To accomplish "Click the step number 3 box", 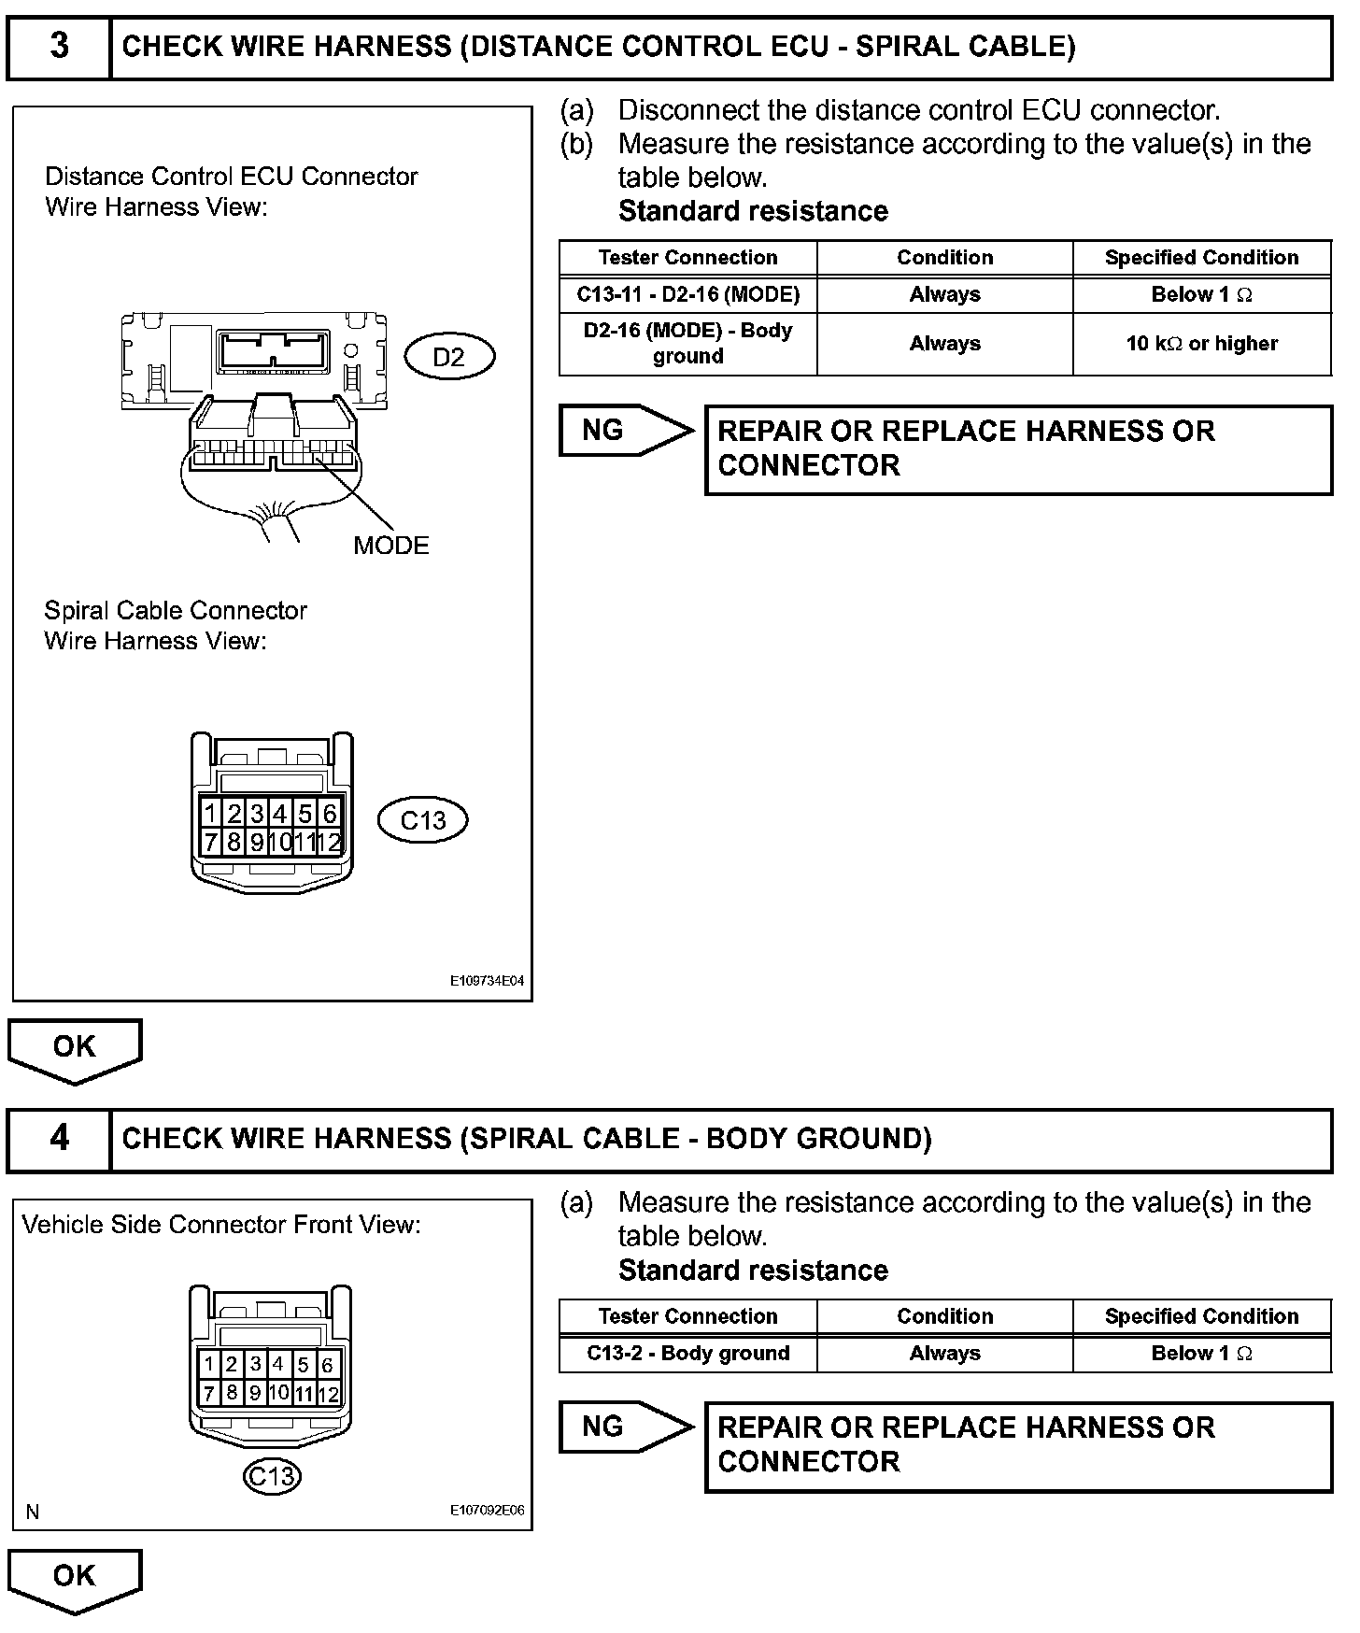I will (59, 47).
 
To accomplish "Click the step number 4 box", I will (59, 1139).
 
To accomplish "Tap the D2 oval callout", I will (449, 357).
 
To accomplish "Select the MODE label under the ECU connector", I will (390, 546).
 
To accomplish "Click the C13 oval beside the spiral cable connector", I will (423, 820).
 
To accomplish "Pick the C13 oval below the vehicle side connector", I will (272, 1476).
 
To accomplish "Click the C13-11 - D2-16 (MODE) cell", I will (687, 294).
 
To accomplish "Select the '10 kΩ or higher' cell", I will (1201, 344).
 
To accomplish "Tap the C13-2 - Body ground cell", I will (687, 1353).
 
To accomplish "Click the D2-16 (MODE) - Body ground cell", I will (687, 343).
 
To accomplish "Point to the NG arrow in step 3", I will (625, 431).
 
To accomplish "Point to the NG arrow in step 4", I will (625, 1427).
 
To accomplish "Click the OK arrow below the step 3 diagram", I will (75, 1049).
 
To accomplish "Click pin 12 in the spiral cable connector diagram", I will (329, 842).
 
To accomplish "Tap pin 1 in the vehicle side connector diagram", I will (210, 1365).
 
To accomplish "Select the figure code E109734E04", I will (487, 982).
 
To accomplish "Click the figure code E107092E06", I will (487, 1511).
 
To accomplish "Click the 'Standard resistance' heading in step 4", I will (753, 1271).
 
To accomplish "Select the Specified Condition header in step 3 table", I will (1201, 258).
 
